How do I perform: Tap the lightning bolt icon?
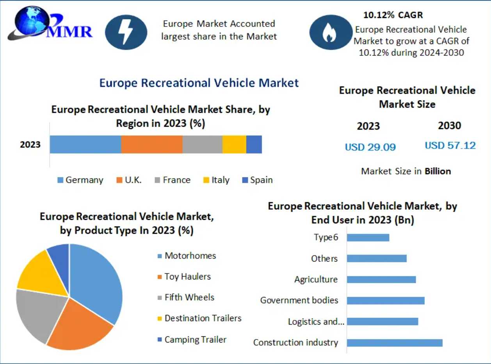[126, 32]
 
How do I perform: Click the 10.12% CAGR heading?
[393, 15]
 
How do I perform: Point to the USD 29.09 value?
[370, 147]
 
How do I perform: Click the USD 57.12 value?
[450, 146]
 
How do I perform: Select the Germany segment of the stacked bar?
[85, 145]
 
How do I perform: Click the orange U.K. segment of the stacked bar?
[151, 145]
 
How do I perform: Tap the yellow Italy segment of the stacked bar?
[234, 145]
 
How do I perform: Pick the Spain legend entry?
[257, 180]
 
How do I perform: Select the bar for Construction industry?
[394, 343]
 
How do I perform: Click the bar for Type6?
[368, 237]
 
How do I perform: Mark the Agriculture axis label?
[316, 279]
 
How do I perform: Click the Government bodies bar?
[385, 300]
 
